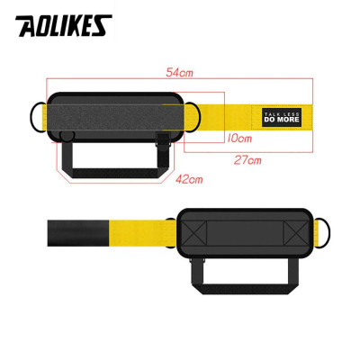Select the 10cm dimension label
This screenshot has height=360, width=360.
click(238, 138)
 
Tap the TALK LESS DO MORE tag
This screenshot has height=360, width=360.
click(276, 116)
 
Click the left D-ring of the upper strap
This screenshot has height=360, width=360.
click(39, 115)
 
